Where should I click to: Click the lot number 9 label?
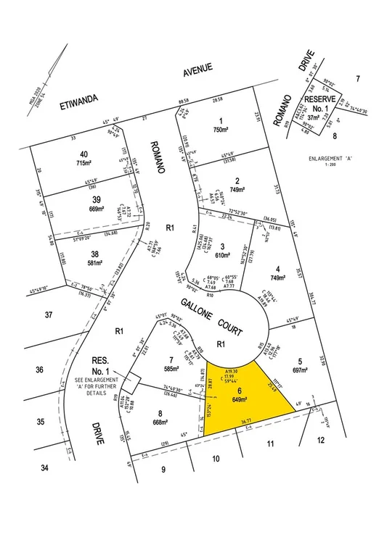[163, 470]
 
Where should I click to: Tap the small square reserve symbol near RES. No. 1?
[133, 380]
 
